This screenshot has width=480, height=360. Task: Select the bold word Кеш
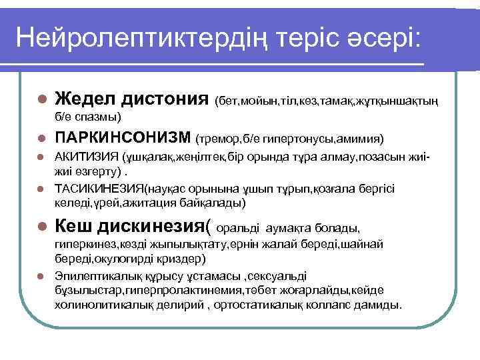point(73,227)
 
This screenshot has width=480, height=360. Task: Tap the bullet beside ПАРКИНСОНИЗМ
point(41,139)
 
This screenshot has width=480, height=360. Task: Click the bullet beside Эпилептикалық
point(41,275)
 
